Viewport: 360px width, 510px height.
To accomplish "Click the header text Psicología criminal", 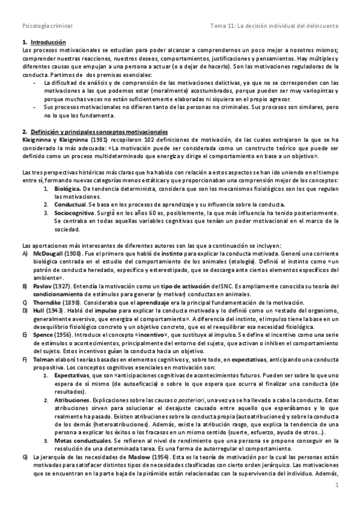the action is tap(47, 26).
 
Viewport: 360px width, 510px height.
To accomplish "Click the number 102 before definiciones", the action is tap(146, 139).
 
